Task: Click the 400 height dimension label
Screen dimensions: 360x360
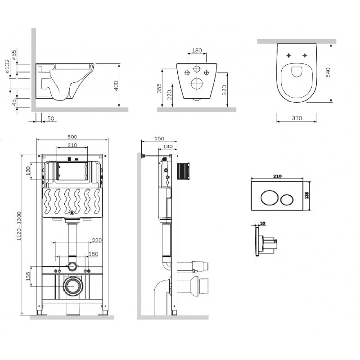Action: pyautogui.click(x=116, y=85)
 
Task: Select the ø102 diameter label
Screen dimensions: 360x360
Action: pyautogui.click(x=8, y=66)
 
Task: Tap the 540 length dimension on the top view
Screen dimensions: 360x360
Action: pyautogui.click(x=328, y=72)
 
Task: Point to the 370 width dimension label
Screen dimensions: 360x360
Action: pyautogui.click(x=297, y=118)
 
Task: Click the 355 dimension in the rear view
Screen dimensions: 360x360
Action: pyautogui.click(x=159, y=88)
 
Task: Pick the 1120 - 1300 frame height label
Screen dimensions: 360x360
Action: pyautogui.click(x=19, y=226)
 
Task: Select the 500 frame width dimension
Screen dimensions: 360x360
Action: pyautogui.click(x=72, y=137)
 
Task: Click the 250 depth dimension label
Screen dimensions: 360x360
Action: pyautogui.click(x=159, y=139)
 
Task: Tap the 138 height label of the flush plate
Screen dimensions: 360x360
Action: pyautogui.click(x=307, y=195)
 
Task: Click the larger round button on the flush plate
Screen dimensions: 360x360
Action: pyautogui.click(x=269, y=198)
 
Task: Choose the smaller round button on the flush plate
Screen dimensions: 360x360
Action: pyautogui.click(x=287, y=199)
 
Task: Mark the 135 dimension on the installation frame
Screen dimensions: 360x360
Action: pyautogui.click(x=28, y=276)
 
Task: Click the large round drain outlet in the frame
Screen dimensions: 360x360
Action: pyautogui.click(x=72, y=286)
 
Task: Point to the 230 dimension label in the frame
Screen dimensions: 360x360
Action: pyautogui.click(x=97, y=240)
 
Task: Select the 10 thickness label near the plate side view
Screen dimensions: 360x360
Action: pyautogui.click(x=263, y=223)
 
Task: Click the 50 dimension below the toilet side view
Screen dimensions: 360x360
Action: pyautogui.click(x=50, y=118)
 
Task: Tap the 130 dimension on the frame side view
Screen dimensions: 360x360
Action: pyautogui.click(x=168, y=147)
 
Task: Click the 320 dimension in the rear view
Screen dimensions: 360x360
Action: pyautogui.click(x=224, y=90)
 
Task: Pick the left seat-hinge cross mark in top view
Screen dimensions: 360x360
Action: pyautogui.click(x=289, y=55)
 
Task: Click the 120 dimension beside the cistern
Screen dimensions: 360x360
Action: pyautogui.click(x=28, y=171)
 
